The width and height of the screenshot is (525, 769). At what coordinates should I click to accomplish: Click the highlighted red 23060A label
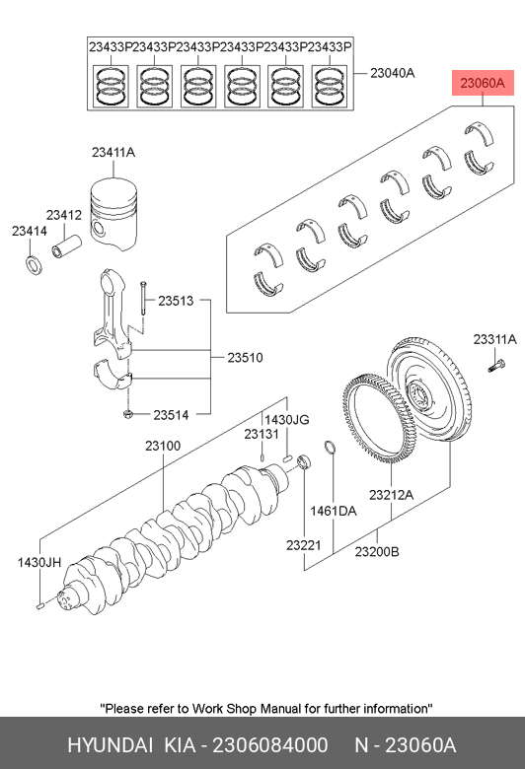tap(483, 83)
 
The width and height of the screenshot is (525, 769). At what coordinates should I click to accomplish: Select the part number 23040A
tap(392, 73)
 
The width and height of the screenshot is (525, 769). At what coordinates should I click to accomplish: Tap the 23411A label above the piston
tap(113, 153)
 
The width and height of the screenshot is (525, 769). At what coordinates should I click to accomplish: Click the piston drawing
tap(113, 213)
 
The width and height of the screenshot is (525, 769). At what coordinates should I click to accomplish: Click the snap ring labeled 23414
tap(34, 265)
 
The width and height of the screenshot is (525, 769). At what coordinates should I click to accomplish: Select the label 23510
tap(245, 358)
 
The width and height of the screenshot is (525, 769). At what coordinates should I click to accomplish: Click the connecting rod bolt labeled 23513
tap(143, 299)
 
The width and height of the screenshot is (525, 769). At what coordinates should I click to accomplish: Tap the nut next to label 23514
tap(127, 414)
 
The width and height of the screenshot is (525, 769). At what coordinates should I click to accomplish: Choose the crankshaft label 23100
tap(163, 446)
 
